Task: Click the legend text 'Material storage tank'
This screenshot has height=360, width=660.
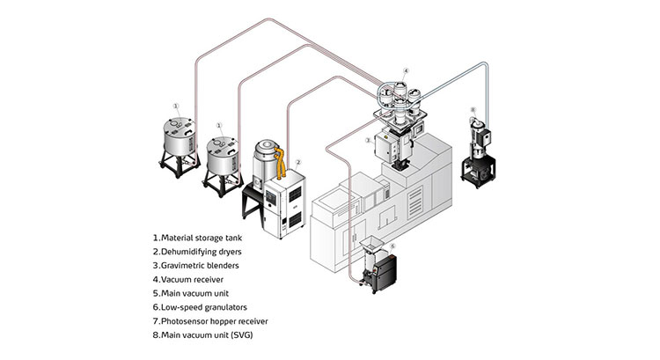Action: pyautogui.click(x=203, y=238)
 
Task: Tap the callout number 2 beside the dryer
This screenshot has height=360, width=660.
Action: pyautogui.click(x=299, y=162)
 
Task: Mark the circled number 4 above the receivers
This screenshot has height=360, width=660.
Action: pyautogui.click(x=405, y=70)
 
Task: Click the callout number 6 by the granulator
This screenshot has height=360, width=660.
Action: pyautogui.click(x=392, y=247)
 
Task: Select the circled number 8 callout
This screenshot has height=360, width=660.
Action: pyautogui.click(x=473, y=111)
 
